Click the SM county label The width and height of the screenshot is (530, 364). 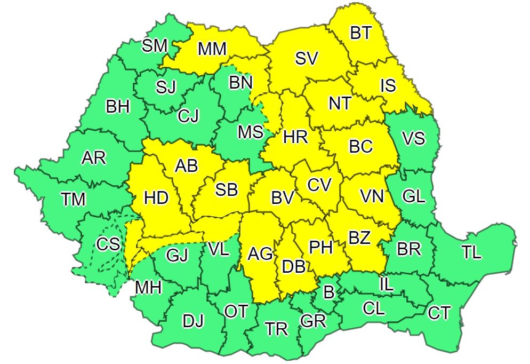click(x=155, y=45)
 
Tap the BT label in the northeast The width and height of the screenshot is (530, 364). click(x=362, y=33)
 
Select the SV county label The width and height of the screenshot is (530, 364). click(x=307, y=59)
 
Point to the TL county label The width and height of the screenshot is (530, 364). click(x=471, y=253)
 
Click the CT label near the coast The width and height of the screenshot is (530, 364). click(x=439, y=313)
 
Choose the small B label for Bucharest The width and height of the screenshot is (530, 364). click(x=329, y=291)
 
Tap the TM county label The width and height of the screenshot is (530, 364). click(x=73, y=200)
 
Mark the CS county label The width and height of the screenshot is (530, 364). click(x=108, y=244)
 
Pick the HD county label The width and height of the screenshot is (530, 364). click(x=156, y=198)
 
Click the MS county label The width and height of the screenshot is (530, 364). click(x=250, y=131)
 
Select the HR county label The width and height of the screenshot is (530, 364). click(x=295, y=137)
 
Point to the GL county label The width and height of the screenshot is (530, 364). click(x=414, y=196)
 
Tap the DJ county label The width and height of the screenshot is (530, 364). click(x=193, y=321)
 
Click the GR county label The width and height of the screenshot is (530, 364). click(x=313, y=321)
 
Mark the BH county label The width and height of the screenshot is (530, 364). click(x=118, y=107)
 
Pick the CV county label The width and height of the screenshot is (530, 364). click(x=319, y=185)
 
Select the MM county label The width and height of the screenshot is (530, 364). click(x=212, y=49)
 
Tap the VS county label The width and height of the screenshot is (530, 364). click(x=414, y=138)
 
